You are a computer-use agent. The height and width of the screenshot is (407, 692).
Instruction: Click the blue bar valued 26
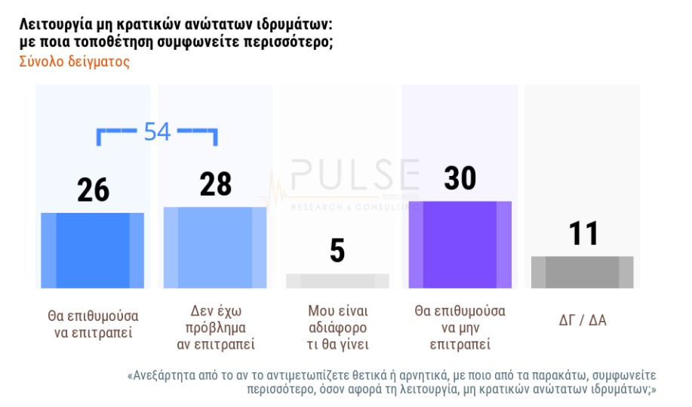coord(93,250)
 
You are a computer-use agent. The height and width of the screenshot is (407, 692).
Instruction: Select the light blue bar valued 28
coord(215,247)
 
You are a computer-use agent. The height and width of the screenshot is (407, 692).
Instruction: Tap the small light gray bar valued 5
coord(337,280)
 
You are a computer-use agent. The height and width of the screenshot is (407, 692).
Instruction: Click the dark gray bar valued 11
coord(582,272)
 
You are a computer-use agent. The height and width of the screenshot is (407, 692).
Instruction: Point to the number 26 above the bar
coord(94,190)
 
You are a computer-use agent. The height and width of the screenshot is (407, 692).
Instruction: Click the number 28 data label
coord(216,184)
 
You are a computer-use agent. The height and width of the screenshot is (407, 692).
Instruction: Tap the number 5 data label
coord(337,251)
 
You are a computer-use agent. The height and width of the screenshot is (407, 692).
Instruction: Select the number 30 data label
coord(460,178)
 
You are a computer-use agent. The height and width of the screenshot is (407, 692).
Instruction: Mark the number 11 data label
coord(583,233)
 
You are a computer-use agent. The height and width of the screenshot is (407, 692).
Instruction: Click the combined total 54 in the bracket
coord(157,131)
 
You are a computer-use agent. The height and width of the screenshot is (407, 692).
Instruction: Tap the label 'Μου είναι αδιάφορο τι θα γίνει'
coord(337,328)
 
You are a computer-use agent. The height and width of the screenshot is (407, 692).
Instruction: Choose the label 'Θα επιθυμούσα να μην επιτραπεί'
coord(460,328)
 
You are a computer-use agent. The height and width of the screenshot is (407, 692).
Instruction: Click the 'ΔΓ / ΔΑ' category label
coord(582,320)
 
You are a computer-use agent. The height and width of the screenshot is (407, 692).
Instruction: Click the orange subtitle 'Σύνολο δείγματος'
coord(74,62)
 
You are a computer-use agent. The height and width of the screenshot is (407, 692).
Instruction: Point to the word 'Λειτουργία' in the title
coord(57,24)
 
